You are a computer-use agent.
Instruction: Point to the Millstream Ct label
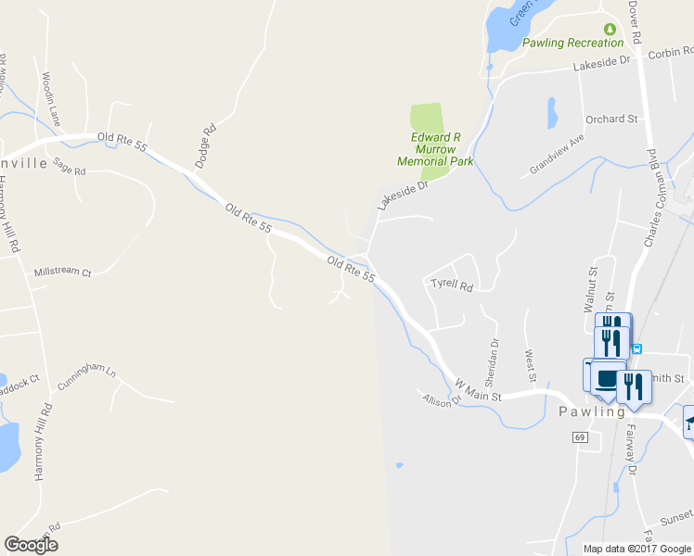[x=62, y=273]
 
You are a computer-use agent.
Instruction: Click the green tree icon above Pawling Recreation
[x=610, y=30]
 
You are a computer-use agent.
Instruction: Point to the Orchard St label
[x=611, y=120]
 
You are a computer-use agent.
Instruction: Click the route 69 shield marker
[x=581, y=436]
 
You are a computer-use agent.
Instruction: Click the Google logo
[x=31, y=545]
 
